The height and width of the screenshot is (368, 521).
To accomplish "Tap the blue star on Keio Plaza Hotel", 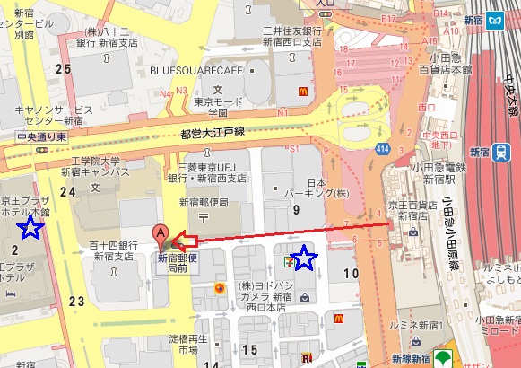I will [x=30, y=227].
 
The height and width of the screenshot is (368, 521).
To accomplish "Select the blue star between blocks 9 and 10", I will [x=306, y=259].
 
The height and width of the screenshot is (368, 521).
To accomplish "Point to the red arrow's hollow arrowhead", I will [x=183, y=241].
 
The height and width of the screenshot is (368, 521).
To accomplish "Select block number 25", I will [x=62, y=69].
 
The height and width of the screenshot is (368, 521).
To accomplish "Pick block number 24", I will [x=67, y=190].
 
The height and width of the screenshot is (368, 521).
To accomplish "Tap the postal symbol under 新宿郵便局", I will [x=204, y=218].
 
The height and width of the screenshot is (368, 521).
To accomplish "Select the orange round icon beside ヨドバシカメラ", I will [x=219, y=288].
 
